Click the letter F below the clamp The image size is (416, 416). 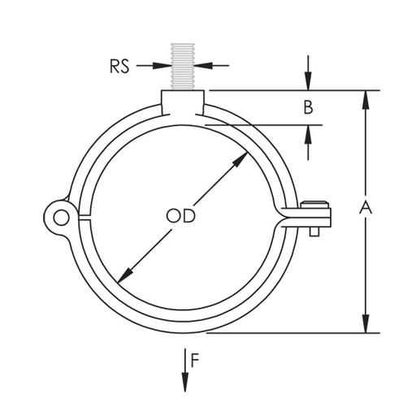point(196,359)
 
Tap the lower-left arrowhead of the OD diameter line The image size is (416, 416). point(123,275)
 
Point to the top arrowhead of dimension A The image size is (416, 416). point(366,97)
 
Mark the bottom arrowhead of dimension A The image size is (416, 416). point(366,326)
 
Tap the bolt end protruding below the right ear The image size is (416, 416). point(314,235)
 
